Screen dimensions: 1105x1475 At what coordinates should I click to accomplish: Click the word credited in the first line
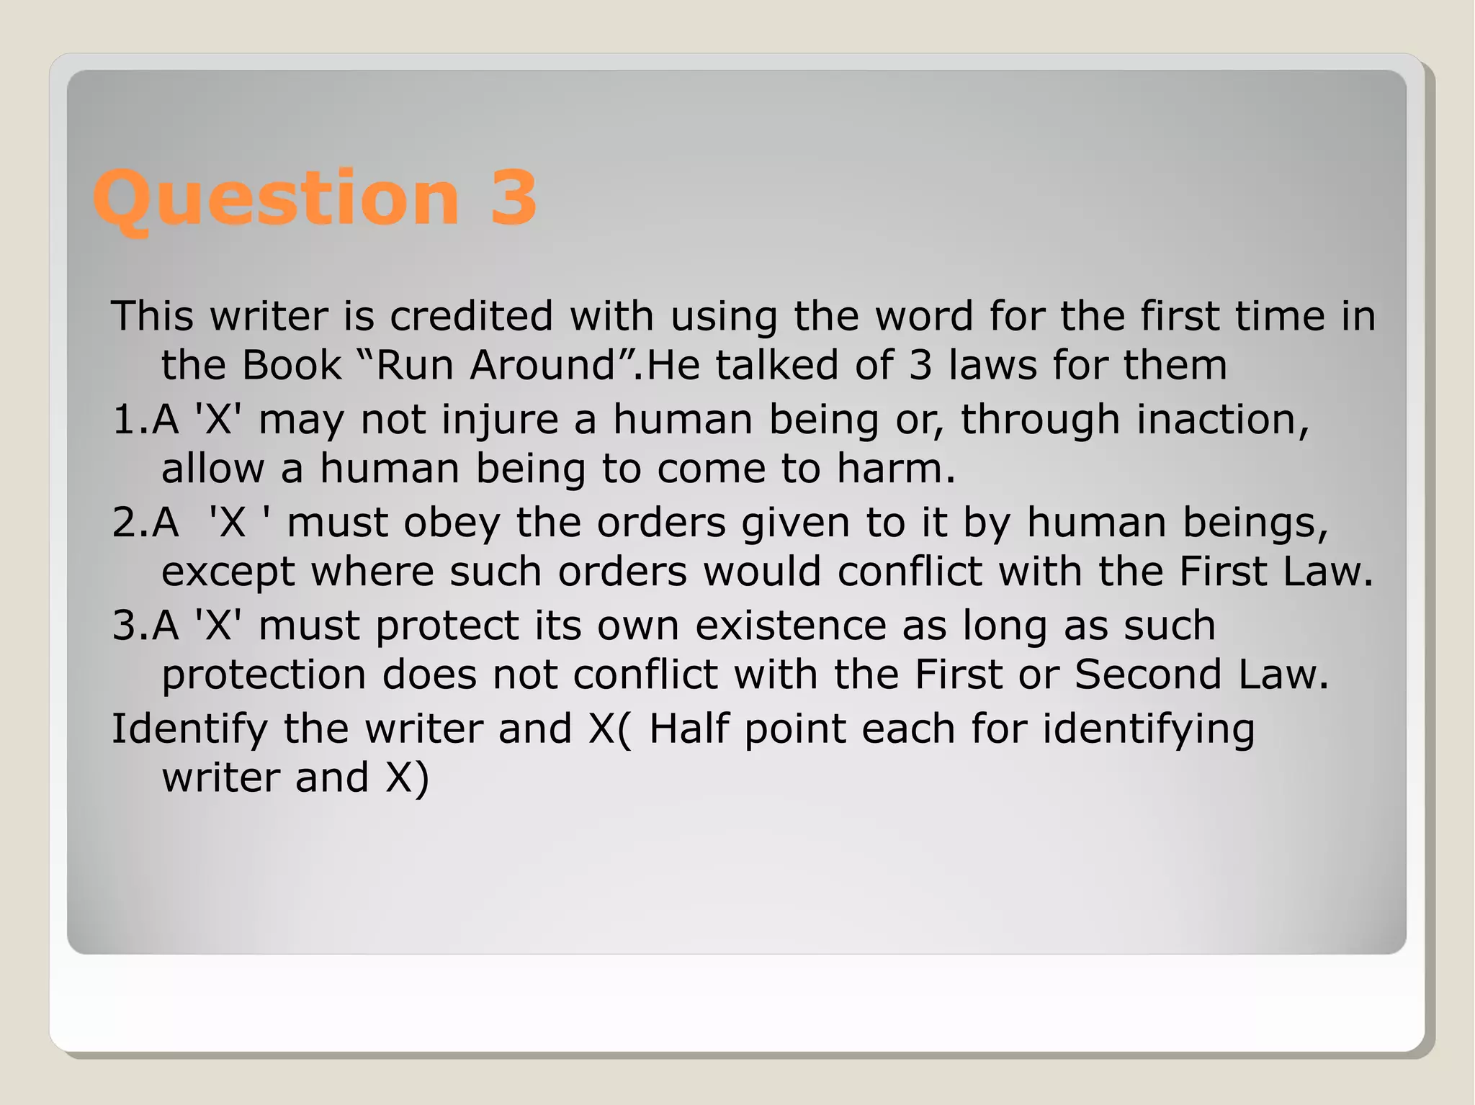tap(471, 316)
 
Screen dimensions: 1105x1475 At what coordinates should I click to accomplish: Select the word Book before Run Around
tap(291, 365)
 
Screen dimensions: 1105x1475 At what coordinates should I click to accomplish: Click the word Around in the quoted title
tap(542, 365)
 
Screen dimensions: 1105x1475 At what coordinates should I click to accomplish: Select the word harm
tap(896, 469)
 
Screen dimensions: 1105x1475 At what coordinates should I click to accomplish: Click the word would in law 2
tap(762, 572)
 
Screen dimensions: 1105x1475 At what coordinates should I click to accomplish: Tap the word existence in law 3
tap(790, 626)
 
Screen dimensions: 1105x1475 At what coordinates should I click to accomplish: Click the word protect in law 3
tap(447, 626)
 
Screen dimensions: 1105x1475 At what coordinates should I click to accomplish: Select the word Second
tap(1149, 675)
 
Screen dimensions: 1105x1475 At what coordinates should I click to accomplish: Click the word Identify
tap(189, 729)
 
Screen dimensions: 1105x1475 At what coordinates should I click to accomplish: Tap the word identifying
tap(1149, 729)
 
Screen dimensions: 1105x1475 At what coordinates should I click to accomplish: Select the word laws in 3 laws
tap(992, 365)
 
